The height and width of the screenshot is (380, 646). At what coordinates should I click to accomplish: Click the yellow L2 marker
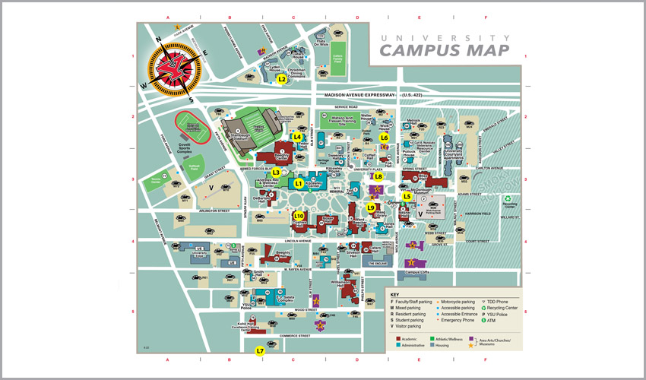pyautogui.click(x=281, y=78)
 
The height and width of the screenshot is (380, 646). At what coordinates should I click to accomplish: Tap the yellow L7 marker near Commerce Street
pyautogui.click(x=260, y=350)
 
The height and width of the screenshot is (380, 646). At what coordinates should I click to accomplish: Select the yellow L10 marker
pyautogui.click(x=299, y=216)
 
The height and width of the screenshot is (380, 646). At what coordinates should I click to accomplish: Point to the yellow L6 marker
pyautogui.click(x=385, y=138)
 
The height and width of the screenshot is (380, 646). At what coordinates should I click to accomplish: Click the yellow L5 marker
pyautogui.click(x=407, y=196)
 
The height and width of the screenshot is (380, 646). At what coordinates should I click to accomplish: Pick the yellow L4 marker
pyautogui.click(x=298, y=137)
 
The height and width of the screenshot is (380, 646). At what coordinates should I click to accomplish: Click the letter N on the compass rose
pyautogui.click(x=158, y=42)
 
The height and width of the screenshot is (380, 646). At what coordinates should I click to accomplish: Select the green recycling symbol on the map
pyautogui.click(x=508, y=199)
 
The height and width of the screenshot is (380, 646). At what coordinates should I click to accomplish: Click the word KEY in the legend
pyautogui.click(x=394, y=295)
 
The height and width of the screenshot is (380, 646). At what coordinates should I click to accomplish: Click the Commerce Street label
pyautogui.click(x=295, y=335)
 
